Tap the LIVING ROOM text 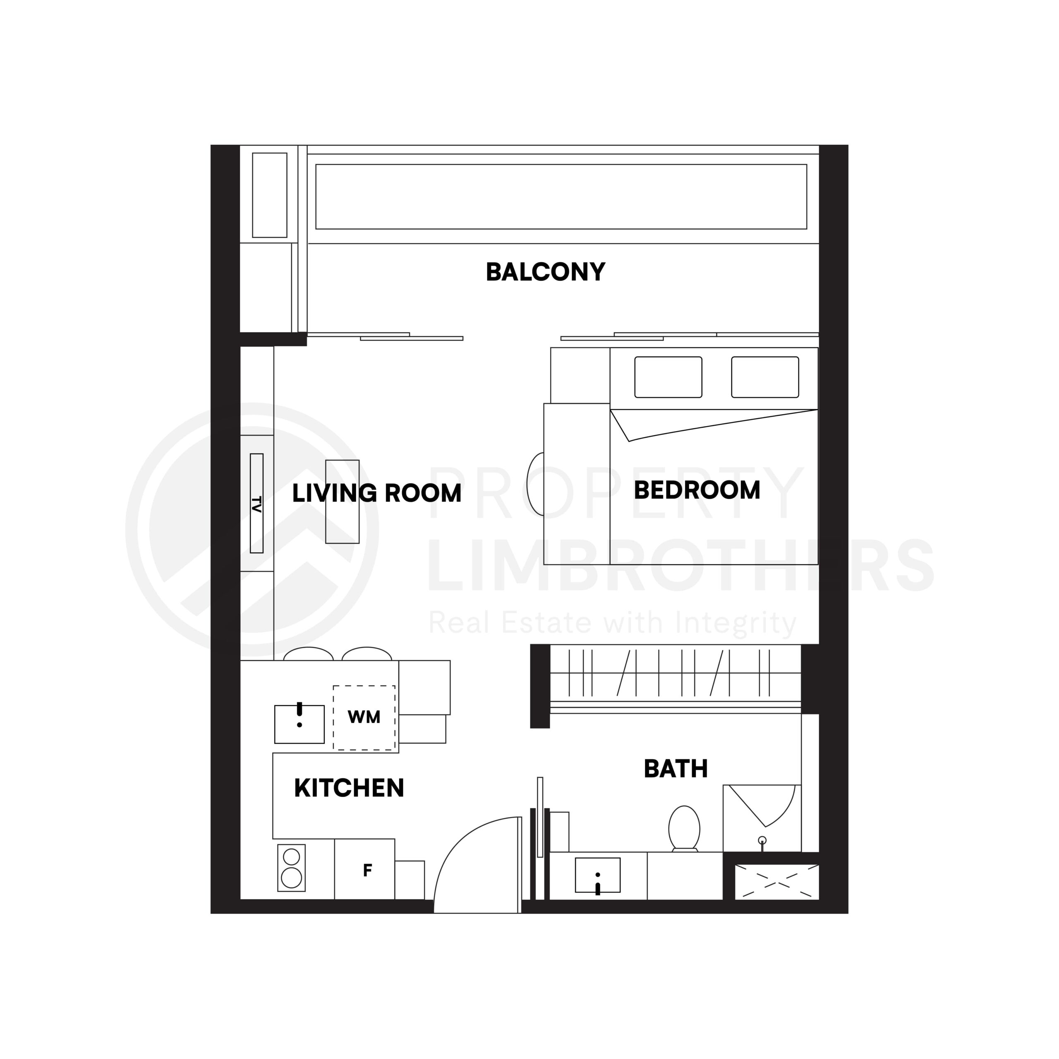376,494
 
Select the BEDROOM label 697,490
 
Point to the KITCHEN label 349,788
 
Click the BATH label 675,769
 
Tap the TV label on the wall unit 256,503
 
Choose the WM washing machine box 364,717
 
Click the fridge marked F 364,870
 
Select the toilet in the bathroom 684,828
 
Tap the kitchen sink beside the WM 299,724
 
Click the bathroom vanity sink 597,875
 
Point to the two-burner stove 291,868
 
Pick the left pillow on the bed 668,377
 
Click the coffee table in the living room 342,501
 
